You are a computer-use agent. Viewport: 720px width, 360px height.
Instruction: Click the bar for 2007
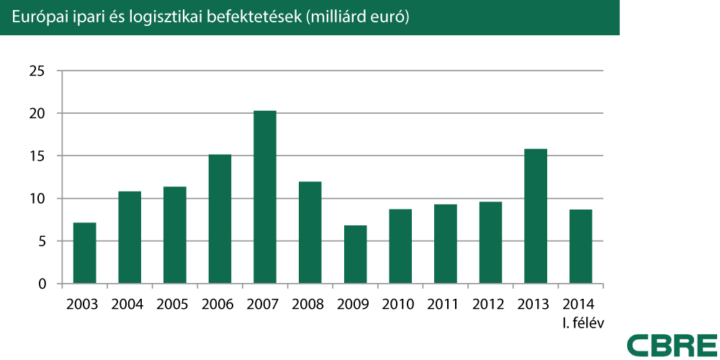click(x=265, y=197)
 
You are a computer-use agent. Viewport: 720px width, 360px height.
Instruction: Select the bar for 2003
click(x=85, y=253)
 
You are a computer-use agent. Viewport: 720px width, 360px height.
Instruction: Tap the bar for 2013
click(x=536, y=216)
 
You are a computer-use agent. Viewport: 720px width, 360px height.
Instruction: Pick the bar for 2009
click(x=355, y=254)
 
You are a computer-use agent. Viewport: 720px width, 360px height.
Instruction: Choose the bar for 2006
click(x=220, y=219)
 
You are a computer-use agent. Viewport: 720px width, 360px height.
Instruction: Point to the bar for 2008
click(x=310, y=233)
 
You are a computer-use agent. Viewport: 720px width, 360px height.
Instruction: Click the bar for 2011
click(x=445, y=244)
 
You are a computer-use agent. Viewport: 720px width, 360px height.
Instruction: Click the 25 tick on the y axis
click(x=37, y=71)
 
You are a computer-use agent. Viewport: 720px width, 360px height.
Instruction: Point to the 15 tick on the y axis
click(x=37, y=156)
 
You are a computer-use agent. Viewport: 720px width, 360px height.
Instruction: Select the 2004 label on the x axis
click(x=127, y=304)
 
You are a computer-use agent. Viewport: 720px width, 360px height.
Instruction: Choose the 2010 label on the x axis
click(x=397, y=304)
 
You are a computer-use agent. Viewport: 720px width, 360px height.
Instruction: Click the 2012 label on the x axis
click(x=487, y=304)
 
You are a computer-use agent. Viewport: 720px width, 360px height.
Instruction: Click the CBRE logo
click(x=672, y=344)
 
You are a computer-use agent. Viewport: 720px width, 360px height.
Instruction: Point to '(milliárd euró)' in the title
click(x=357, y=18)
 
